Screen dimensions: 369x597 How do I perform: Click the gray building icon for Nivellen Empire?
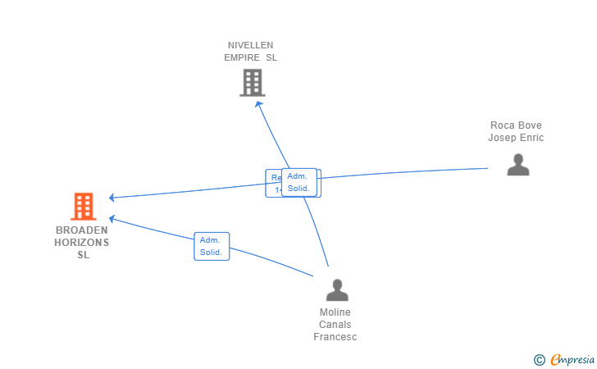pyautogui.click(x=252, y=83)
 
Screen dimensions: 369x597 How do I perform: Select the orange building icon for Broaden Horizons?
pyautogui.click(x=83, y=207)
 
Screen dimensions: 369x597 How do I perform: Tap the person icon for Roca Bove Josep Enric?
pyautogui.click(x=517, y=165)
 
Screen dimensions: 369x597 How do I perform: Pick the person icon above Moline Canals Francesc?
pyautogui.click(x=336, y=289)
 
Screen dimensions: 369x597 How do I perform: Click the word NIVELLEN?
pyautogui.click(x=251, y=45)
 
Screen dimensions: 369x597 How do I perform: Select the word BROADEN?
pyautogui.click(x=82, y=230)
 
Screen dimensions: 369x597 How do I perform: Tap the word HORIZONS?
pyautogui.click(x=82, y=243)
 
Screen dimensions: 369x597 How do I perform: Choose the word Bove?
pyautogui.click(x=531, y=125)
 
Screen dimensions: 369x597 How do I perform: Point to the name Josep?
pyautogui.click(x=503, y=138)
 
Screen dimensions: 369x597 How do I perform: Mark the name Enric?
pyautogui.click(x=532, y=138)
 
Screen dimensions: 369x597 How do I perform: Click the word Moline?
pyautogui.click(x=335, y=312)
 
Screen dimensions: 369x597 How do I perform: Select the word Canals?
pyautogui.click(x=335, y=325)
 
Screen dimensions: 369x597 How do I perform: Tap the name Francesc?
pyautogui.click(x=335, y=337)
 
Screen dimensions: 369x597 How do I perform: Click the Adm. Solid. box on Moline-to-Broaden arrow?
pyautogui.click(x=212, y=246)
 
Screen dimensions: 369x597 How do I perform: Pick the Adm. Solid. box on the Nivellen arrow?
pyautogui.click(x=298, y=182)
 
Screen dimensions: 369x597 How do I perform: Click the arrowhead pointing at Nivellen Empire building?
pyautogui.click(x=257, y=104)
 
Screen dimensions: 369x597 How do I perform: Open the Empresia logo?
pyautogui.click(x=572, y=359)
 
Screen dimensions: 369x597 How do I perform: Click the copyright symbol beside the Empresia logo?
pyautogui.click(x=539, y=359)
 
